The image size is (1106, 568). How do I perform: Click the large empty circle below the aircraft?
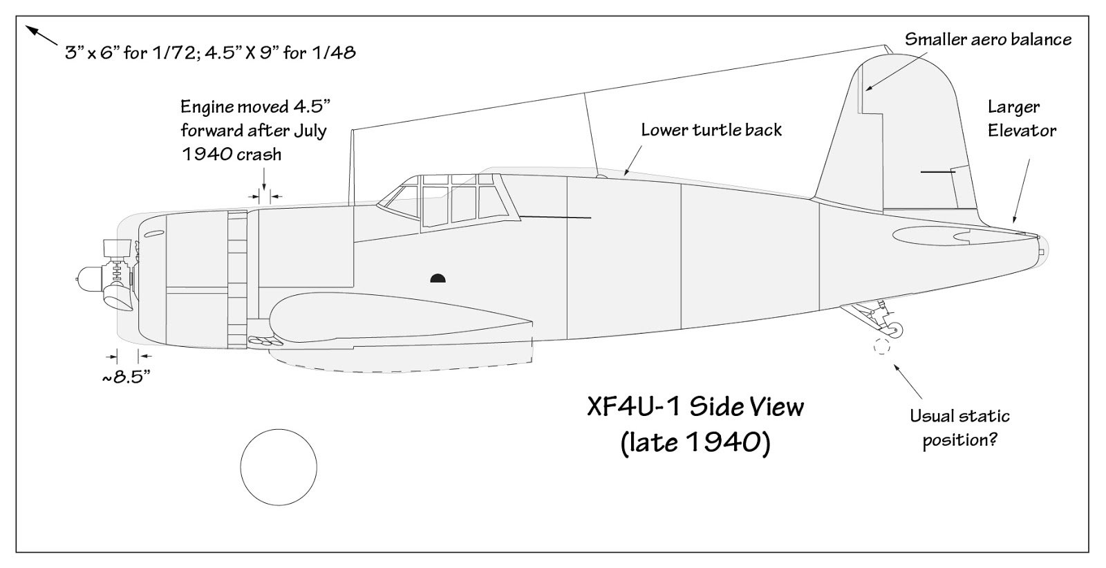(x=279, y=466)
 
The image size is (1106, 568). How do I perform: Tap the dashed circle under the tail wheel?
(x=881, y=347)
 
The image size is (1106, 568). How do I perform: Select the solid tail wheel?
(x=894, y=330)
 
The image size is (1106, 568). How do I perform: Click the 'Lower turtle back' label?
(x=711, y=130)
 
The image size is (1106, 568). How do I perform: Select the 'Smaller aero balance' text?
(x=988, y=39)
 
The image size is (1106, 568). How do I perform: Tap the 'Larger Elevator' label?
(x=1022, y=118)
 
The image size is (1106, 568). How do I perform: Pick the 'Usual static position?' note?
(x=959, y=428)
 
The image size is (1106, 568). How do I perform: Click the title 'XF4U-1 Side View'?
(x=695, y=406)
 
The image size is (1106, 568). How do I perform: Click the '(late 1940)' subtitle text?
(x=695, y=442)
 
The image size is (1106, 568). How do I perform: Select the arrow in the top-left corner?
(x=41, y=35)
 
